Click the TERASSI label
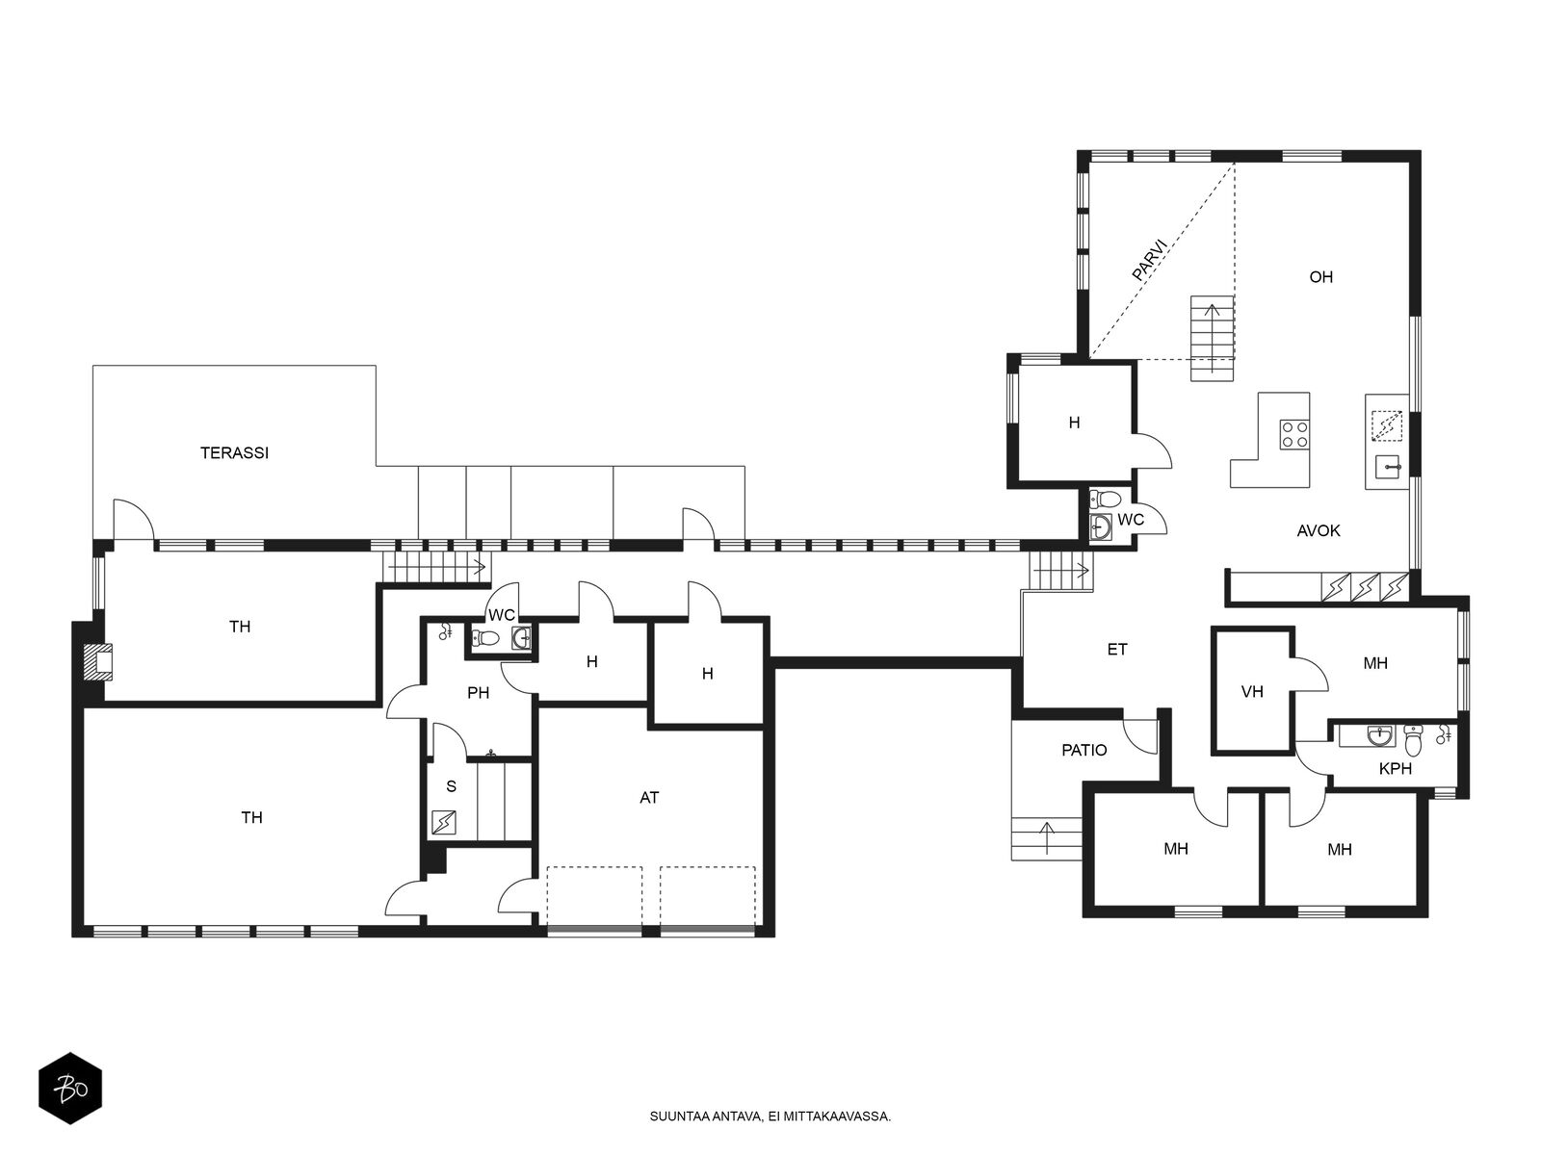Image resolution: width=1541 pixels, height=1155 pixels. (234, 453)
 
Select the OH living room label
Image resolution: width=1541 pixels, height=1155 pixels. (1320, 277)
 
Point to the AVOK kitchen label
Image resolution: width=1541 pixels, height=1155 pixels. (1318, 531)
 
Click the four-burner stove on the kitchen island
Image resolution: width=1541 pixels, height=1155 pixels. (1293, 433)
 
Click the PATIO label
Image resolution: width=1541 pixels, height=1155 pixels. (1084, 751)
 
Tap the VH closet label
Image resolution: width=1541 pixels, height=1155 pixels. (1252, 692)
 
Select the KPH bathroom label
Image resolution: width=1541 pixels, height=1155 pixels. (1395, 769)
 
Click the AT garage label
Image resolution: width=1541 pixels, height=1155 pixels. (649, 797)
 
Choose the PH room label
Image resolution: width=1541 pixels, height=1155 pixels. (478, 693)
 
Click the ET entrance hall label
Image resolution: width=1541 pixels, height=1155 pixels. (1117, 650)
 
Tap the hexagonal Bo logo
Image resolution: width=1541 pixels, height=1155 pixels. (70, 1089)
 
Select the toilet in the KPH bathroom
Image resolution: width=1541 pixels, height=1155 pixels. (1413, 740)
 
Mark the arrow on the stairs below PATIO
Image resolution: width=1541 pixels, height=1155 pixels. (1046, 838)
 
